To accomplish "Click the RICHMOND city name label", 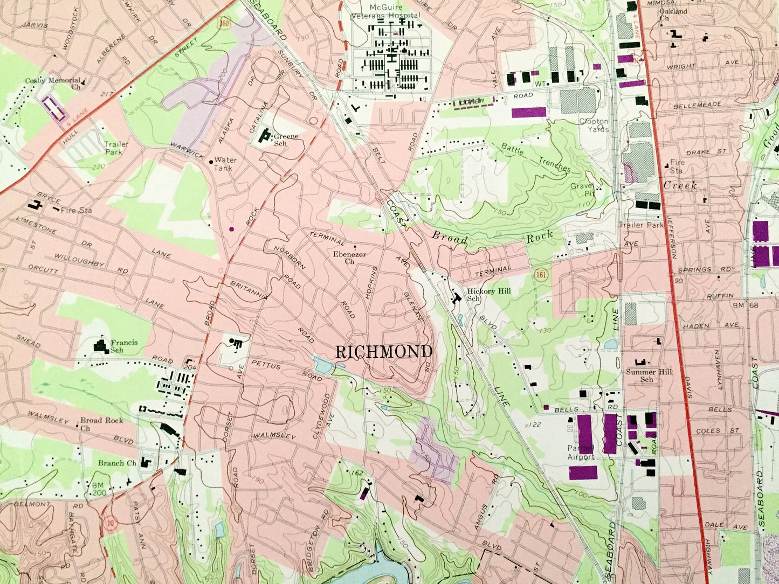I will click(384, 352).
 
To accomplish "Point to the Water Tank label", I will click(225, 164).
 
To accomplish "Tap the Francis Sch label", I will click(124, 346).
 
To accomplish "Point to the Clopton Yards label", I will click(594, 126).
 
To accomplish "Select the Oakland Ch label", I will click(673, 14).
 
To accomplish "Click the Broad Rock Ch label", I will click(101, 424).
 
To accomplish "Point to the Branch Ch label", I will click(117, 463).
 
